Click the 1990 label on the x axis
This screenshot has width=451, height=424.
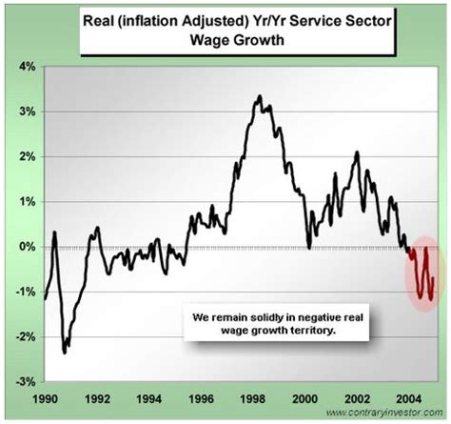tap(45, 396)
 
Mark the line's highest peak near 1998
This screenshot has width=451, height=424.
tap(259, 96)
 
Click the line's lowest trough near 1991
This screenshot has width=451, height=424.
tap(65, 353)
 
